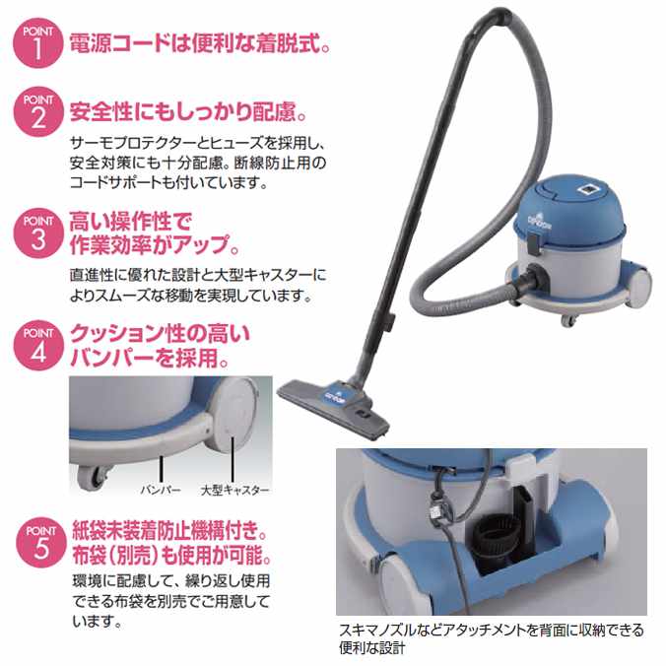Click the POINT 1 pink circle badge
[x=38, y=43]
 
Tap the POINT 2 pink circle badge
[x=38, y=111]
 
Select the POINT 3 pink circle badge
[x=38, y=233]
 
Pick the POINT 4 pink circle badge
[x=38, y=345]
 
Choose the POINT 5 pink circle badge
[x=41, y=543]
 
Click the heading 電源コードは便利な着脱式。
[x=200, y=43]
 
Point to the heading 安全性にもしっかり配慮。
[x=188, y=111]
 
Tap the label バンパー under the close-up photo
[x=161, y=490]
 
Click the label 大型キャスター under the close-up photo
[x=234, y=490]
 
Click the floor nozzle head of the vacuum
[x=333, y=409]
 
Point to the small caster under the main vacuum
[x=567, y=320]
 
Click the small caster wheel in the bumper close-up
[x=92, y=477]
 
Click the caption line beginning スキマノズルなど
[x=492, y=630]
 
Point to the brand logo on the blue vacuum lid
[x=539, y=225]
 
